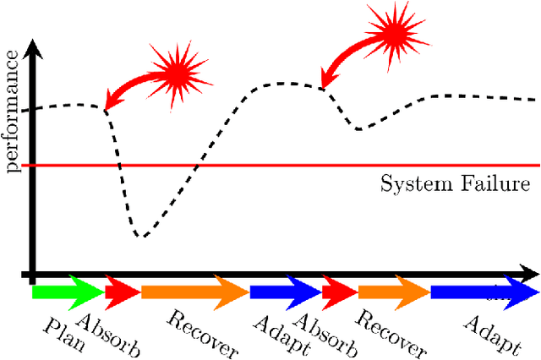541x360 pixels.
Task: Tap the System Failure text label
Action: [x=455, y=183]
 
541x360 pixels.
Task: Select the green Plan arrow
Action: [x=67, y=292]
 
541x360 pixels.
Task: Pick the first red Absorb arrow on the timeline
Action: [x=122, y=292]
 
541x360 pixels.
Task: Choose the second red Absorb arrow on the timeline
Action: [x=339, y=292]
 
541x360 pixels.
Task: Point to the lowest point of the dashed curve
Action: [x=143, y=236]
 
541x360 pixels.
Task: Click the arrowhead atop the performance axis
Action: [x=32, y=52]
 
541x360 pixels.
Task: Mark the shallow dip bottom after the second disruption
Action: [x=360, y=128]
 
